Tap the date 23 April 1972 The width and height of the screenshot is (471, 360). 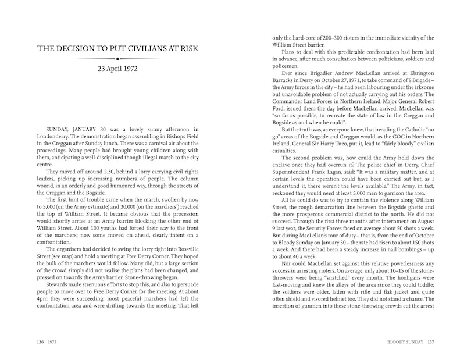(117, 71)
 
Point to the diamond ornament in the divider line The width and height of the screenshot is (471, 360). (117, 59)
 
